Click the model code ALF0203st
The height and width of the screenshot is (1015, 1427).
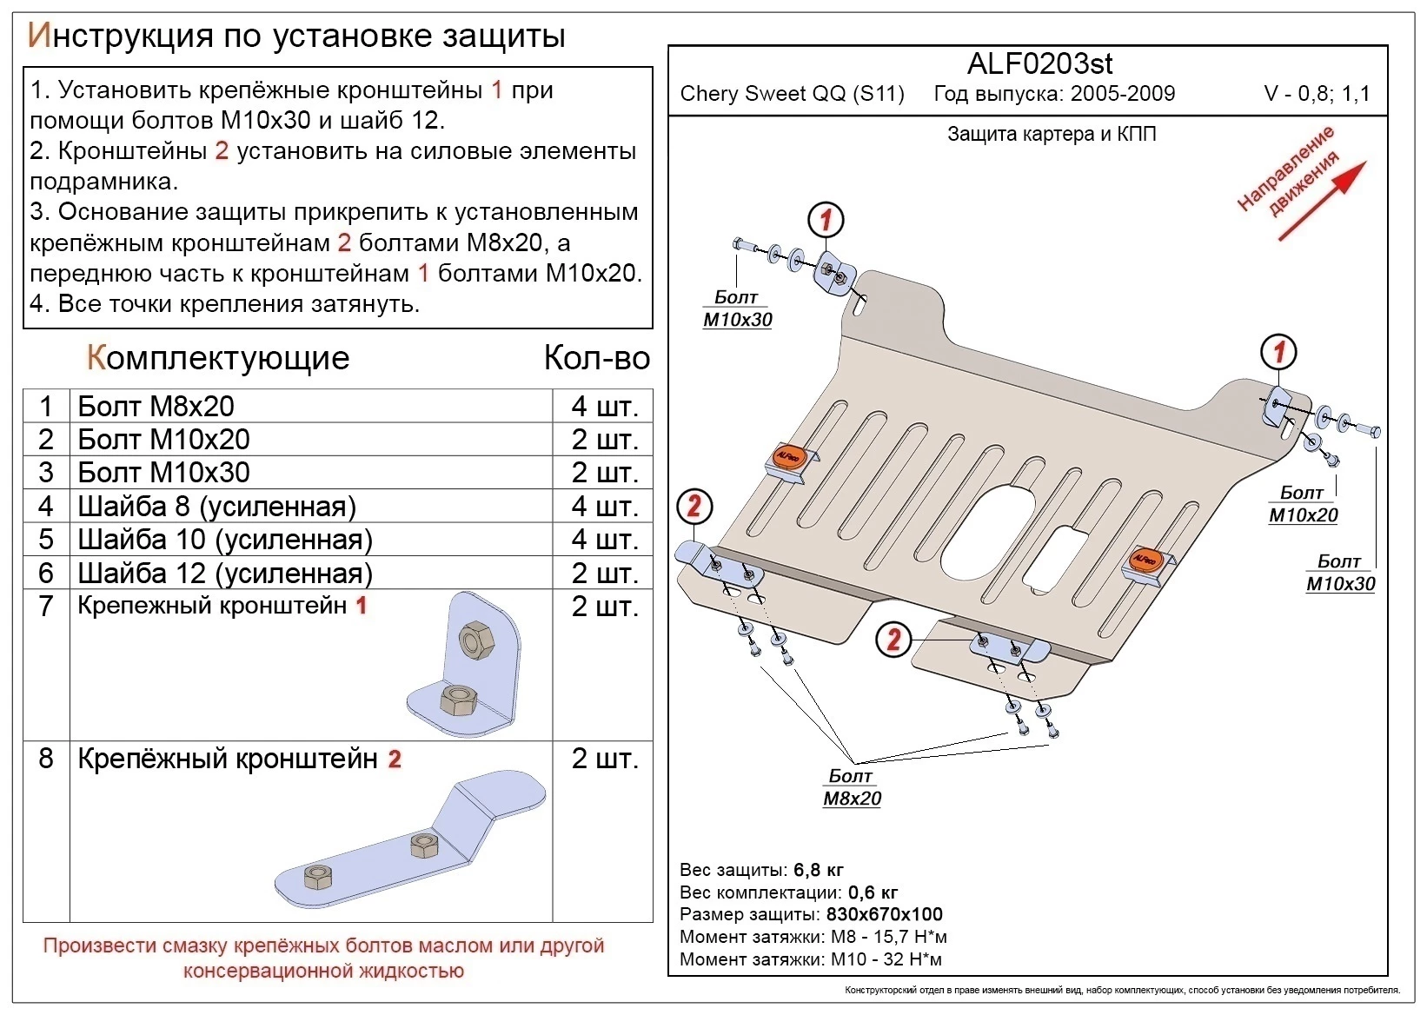(x=1039, y=63)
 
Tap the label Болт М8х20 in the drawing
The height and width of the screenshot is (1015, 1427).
(x=852, y=787)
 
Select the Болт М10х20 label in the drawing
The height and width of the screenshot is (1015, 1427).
(x=1303, y=504)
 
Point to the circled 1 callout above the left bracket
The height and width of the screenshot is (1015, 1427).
(x=826, y=220)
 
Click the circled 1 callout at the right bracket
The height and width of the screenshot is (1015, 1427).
(x=1278, y=352)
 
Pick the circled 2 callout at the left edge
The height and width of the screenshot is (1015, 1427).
(x=694, y=507)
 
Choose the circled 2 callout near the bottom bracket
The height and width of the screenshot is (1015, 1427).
(x=893, y=640)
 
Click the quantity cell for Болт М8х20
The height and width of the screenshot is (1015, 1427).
(x=604, y=406)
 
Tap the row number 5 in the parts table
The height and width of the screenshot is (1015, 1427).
(x=46, y=540)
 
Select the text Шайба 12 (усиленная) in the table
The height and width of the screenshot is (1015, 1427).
(x=225, y=574)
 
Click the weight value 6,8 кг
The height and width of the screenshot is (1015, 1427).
(x=818, y=870)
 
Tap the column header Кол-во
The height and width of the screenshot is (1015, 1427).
(x=597, y=358)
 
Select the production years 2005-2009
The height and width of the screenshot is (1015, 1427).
(x=1123, y=94)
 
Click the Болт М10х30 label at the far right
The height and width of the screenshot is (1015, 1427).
(x=1340, y=573)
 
